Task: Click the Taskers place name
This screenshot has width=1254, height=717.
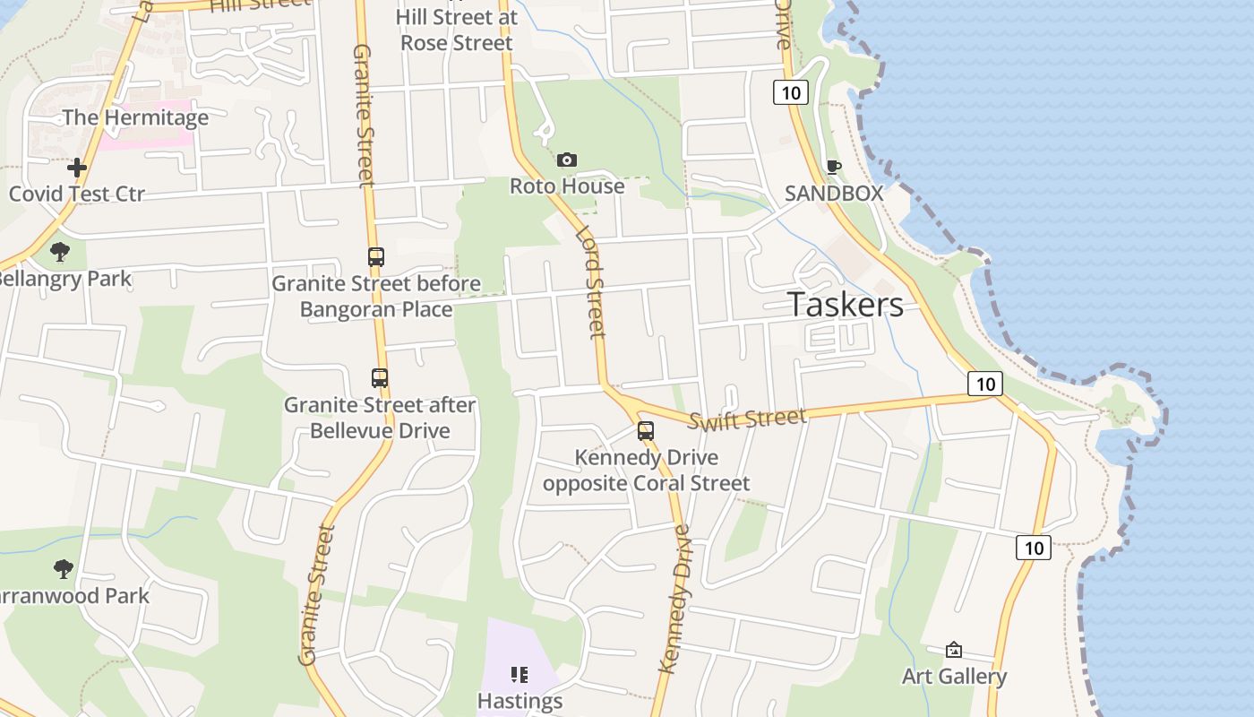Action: (x=846, y=305)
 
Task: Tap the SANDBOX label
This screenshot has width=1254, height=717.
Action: (x=834, y=193)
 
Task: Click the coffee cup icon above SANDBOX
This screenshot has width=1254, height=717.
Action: (x=833, y=166)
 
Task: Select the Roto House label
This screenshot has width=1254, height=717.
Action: (x=567, y=186)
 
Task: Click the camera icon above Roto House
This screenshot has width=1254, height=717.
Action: (x=567, y=160)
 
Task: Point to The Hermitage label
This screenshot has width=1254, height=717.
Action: (x=135, y=117)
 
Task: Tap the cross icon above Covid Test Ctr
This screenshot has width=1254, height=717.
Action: (x=77, y=168)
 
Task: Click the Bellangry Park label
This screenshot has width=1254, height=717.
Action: (x=64, y=279)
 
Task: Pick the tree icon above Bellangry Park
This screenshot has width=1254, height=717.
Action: (x=60, y=252)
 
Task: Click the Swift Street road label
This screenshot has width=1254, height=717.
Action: (x=748, y=419)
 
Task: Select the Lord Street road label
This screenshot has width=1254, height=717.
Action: (x=590, y=282)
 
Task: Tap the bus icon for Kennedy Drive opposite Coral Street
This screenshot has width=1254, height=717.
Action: (x=646, y=431)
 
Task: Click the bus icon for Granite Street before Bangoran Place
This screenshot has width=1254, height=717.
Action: (x=376, y=257)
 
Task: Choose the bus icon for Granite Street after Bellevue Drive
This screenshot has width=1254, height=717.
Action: (x=380, y=378)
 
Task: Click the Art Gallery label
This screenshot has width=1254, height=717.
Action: (x=954, y=677)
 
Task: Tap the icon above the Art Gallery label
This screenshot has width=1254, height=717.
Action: (x=954, y=650)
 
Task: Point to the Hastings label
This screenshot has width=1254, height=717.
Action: (x=520, y=701)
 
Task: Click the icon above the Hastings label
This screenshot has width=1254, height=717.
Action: (x=520, y=674)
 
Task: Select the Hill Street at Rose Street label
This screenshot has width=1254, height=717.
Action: (x=457, y=30)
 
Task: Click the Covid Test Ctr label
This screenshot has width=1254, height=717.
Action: (x=77, y=194)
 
